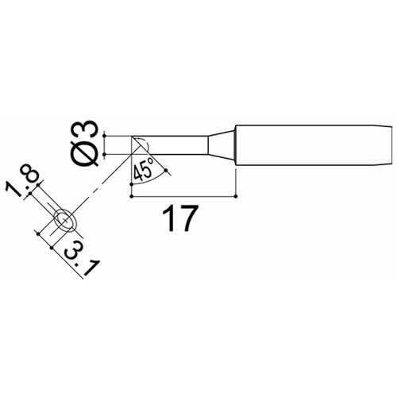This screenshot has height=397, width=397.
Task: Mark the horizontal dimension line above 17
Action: click(183, 196)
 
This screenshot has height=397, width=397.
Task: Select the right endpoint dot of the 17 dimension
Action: click(237, 196)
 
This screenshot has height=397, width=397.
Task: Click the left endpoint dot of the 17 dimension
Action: click(130, 196)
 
